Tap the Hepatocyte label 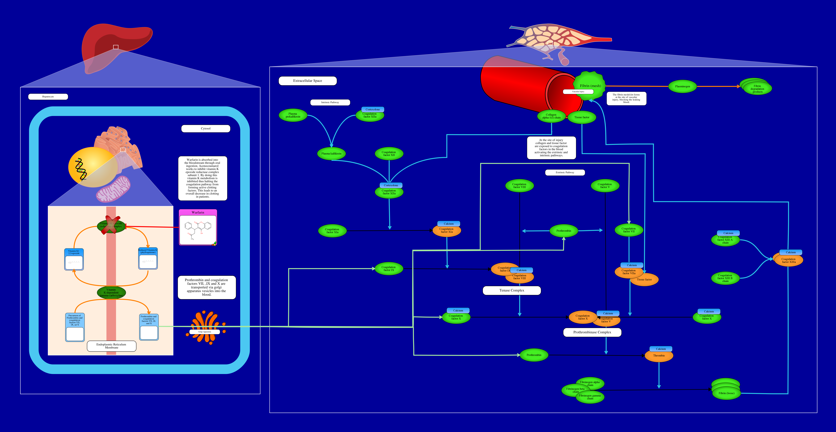pyautogui.click(x=48, y=97)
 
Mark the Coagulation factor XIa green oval pyautogui.click(x=332, y=231)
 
